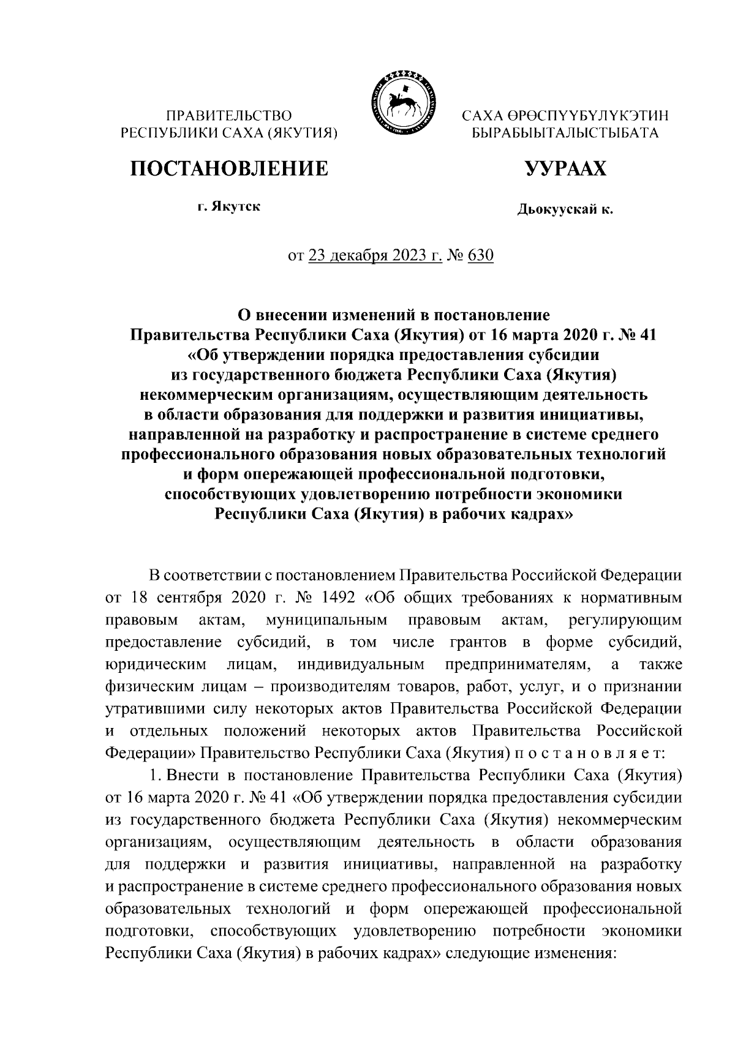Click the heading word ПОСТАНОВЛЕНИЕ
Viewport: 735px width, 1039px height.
click(x=228, y=168)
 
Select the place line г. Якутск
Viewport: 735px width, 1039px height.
click(x=228, y=207)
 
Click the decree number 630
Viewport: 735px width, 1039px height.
click(x=480, y=255)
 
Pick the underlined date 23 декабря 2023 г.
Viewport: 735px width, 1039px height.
click(x=375, y=255)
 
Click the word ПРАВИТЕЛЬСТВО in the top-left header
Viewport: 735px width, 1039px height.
click(x=230, y=115)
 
